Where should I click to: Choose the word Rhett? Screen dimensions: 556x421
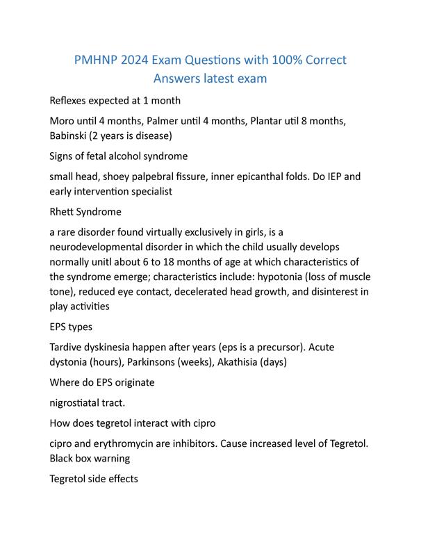click(x=65, y=211)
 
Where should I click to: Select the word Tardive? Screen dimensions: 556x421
click(x=69, y=346)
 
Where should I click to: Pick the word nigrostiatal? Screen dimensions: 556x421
click(x=83, y=403)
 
